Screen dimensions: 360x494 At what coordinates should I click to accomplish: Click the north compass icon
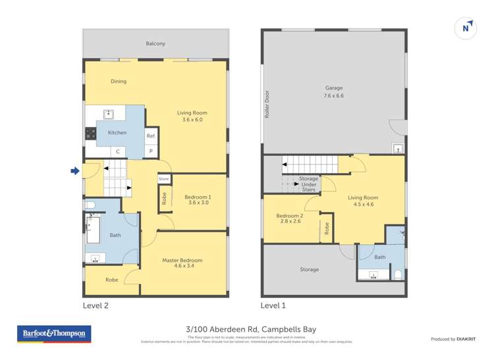click(x=466, y=28)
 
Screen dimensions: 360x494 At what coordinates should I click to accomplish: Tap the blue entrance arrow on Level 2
click(x=75, y=171)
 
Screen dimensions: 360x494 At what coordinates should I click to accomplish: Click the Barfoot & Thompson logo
click(x=54, y=334)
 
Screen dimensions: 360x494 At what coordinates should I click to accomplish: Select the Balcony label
click(x=155, y=43)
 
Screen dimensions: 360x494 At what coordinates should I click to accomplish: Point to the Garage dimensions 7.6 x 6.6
click(x=333, y=95)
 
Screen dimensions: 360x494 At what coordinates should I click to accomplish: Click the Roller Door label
click(x=267, y=104)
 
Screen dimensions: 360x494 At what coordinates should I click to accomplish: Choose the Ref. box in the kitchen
click(x=151, y=136)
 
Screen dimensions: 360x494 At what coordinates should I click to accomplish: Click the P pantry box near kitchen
click(x=151, y=151)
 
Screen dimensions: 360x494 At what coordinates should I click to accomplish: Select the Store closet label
click(x=163, y=178)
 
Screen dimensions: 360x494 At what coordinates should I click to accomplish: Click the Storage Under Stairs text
click(x=308, y=184)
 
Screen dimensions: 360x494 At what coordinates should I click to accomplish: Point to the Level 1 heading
click(x=273, y=305)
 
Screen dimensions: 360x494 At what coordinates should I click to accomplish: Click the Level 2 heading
click(x=96, y=305)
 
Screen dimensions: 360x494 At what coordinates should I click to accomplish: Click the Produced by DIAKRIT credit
click(x=453, y=339)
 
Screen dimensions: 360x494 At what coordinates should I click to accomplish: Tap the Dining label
click(x=119, y=82)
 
